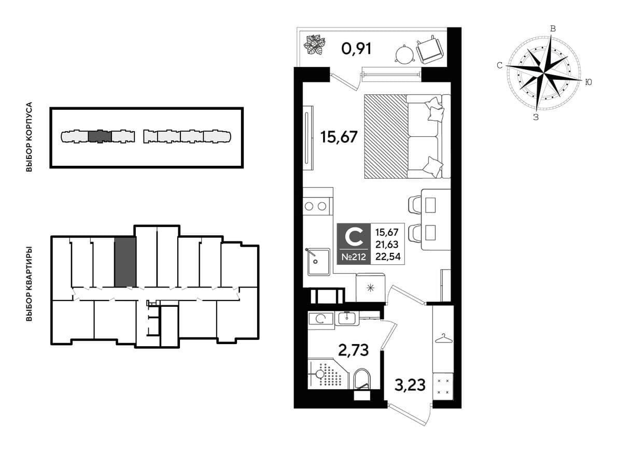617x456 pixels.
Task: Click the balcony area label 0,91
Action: pos(357,49)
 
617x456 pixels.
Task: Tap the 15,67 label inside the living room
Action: pos(339,137)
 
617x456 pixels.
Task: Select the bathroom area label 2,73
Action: pos(354,349)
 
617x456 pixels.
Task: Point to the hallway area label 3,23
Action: pos(410,385)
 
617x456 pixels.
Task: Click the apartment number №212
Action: pos(354,258)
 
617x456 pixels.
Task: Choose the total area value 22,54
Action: pos(388,256)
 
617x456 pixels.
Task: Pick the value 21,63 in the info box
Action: pos(387,245)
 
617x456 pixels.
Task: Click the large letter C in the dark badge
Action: pos(354,237)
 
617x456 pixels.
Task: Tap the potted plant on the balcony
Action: pos(315,45)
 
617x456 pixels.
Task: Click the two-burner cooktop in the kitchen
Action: pos(316,206)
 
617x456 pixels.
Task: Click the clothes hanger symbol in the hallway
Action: pos(443,338)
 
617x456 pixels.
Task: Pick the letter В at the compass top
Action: pos(553,28)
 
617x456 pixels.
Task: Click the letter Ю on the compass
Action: pos(588,82)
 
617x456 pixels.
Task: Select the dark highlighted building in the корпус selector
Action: pos(101,136)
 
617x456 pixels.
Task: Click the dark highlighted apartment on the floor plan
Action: pos(125,262)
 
